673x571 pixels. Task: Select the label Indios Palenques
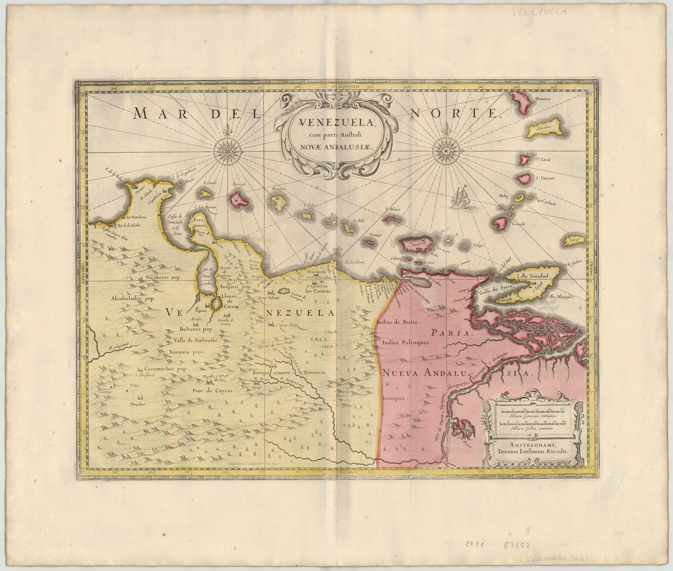click(x=405, y=342)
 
